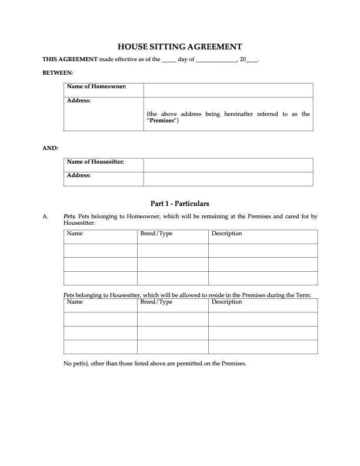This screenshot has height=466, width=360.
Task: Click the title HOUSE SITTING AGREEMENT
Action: pyautogui.click(x=180, y=46)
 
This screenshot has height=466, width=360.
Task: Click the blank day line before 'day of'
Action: pyautogui.click(x=168, y=61)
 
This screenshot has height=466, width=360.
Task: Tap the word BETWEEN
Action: pyautogui.click(x=58, y=72)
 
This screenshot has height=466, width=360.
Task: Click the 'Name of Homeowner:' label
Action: pyautogui.click(x=96, y=87)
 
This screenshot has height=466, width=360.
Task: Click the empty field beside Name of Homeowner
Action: pyautogui.click(x=228, y=89)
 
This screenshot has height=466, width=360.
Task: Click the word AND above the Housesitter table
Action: pyautogui.click(x=50, y=148)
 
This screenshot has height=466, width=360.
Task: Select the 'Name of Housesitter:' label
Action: pyautogui.click(x=95, y=162)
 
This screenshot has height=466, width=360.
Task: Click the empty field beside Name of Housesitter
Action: pyautogui.click(x=228, y=165)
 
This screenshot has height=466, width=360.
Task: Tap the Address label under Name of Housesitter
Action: pyautogui.click(x=79, y=175)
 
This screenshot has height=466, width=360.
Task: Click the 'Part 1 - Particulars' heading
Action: pyautogui.click(x=179, y=204)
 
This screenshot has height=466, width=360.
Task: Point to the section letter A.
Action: pyautogui.click(x=45, y=217)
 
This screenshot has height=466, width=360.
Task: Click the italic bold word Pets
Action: pyautogui.click(x=69, y=217)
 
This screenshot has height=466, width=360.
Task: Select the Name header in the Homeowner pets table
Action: pyautogui.click(x=75, y=234)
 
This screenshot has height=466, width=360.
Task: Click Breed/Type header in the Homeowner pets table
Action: pyautogui.click(x=156, y=234)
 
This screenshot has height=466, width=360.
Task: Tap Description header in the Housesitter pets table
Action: pyautogui.click(x=226, y=302)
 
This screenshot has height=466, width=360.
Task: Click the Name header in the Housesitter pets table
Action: pyautogui.click(x=75, y=302)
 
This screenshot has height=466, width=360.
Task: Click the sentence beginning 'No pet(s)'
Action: pyautogui.click(x=155, y=363)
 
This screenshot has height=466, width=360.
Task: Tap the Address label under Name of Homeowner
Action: pyautogui.click(x=79, y=101)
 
